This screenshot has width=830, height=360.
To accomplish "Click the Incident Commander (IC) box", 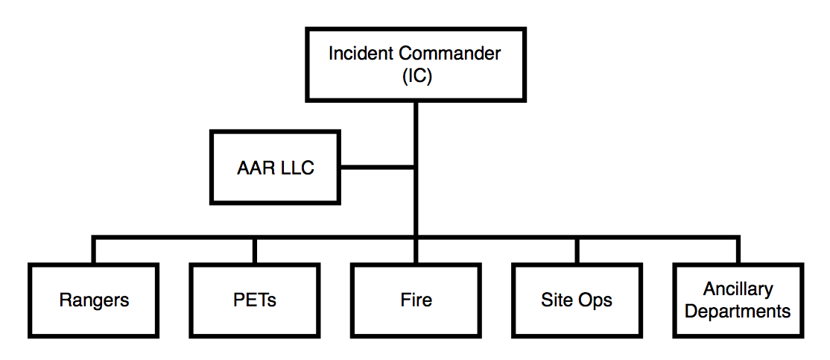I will tap(415, 65).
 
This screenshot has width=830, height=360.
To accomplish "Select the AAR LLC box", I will tap(275, 168).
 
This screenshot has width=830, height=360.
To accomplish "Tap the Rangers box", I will tap(94, 300).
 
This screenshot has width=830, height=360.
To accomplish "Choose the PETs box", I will tap(254, 300).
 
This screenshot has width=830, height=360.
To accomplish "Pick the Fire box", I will tap(415, 300).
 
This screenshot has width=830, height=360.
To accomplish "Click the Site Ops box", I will tap(576, 300).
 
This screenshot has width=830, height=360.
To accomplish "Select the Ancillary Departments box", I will tap(738, 300).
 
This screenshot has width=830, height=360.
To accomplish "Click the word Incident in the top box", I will tap(361, 54).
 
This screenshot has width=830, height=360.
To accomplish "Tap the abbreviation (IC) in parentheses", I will tap(415, 75).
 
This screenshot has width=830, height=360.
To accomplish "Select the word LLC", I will tap(297, 168).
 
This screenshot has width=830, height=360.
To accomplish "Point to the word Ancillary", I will tap(738, 289).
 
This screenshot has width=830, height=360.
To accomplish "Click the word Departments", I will tap(738, 311).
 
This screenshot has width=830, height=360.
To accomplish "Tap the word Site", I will tap(556, 300).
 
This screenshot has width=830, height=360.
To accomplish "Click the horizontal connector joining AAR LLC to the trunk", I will tap(377, 167).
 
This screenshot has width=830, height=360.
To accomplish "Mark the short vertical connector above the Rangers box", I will tap(94, 251).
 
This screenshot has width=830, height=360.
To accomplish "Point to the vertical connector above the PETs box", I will tap(254, 251).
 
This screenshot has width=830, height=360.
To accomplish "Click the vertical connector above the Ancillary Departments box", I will tap(738, 251).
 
